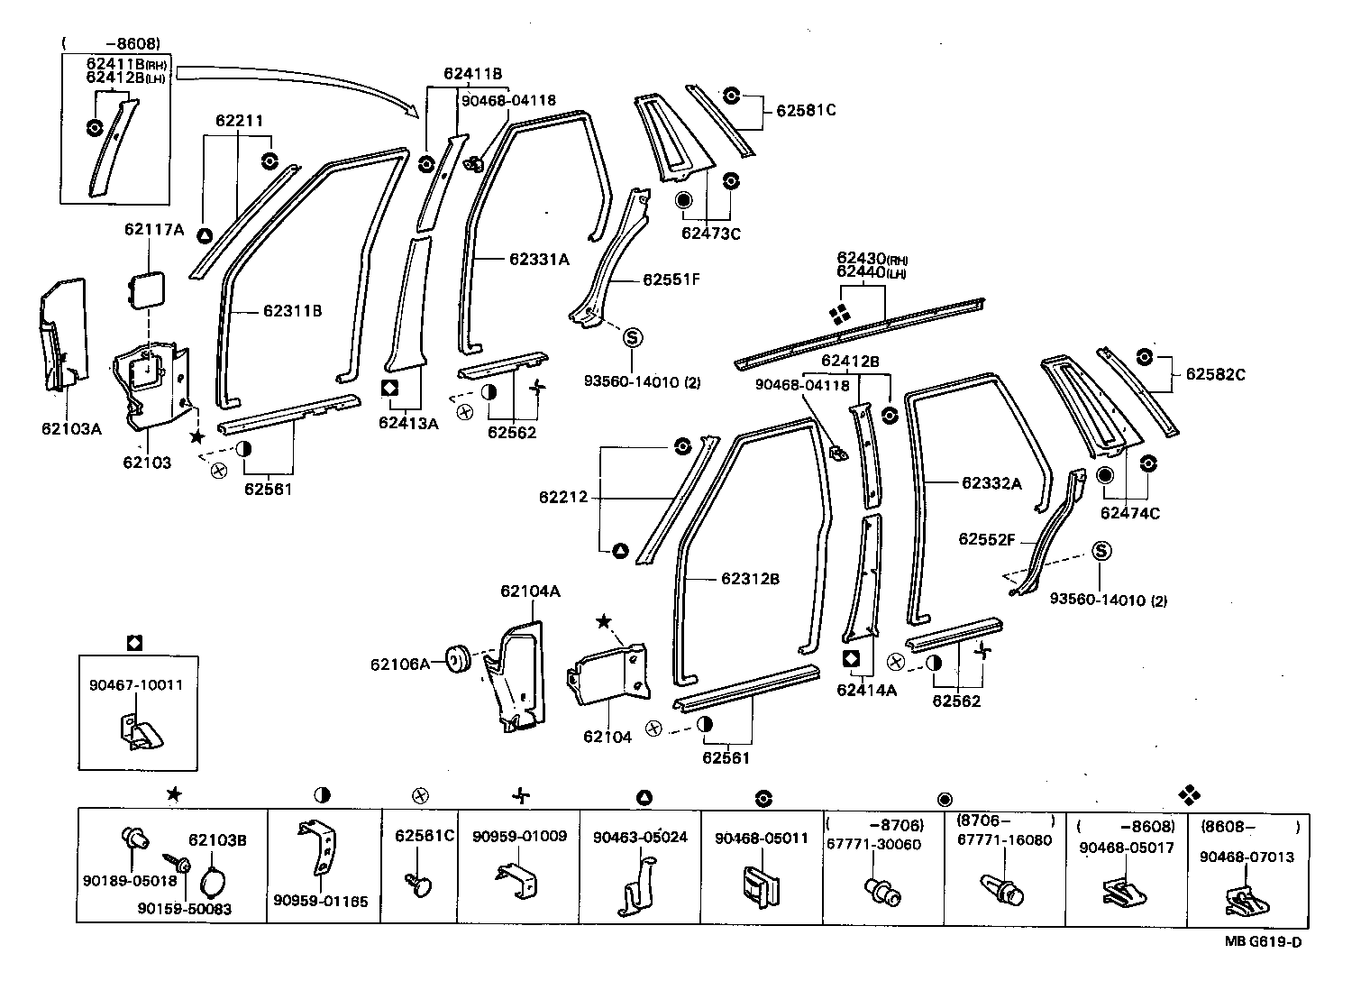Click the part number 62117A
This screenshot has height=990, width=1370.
[x=153, y=230]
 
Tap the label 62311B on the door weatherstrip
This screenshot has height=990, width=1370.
[x=292, y=311]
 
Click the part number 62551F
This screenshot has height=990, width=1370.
[x=671, y=280]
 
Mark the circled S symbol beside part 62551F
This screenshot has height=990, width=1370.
[x=633, y=337]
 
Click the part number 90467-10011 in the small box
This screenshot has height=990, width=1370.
[x=135, y=684]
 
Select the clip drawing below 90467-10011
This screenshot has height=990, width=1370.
[x=139, y=731]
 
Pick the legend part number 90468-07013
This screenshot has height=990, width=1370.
[x=1246, y=857]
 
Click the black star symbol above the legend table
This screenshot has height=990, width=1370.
[x=173, y=794]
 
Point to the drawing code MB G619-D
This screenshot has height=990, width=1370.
[x=1262, y=942]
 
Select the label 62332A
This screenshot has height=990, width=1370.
[x=991, y=483]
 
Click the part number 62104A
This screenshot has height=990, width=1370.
[x=530, y=591]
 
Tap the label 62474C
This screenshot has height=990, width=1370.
[x=1129, y=513]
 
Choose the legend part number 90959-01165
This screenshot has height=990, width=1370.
[x=321, y=901]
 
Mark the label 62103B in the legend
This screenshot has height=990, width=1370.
[x=217, y=839]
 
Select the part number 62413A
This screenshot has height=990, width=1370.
[x=407, y=423]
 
